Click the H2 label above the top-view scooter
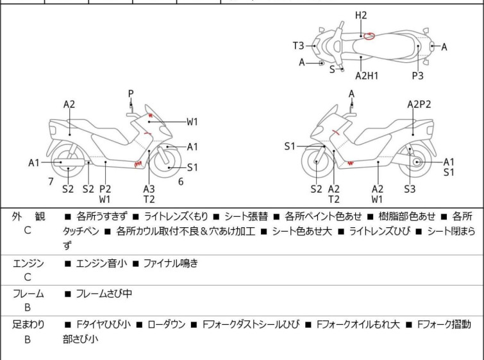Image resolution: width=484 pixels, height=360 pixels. pos(361,15)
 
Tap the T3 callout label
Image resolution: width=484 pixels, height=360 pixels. pos(299,46)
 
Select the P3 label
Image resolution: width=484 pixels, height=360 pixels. pos(417,75)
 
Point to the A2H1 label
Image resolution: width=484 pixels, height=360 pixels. pos(367,75)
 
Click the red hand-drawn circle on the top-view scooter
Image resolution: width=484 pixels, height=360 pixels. pos(369,36)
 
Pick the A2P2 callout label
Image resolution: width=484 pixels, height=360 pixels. pos(419,104)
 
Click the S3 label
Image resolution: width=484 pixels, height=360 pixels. pos(410,189)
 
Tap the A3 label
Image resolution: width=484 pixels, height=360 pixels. pos(149,189)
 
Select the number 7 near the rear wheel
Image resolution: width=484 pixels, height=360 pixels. pos(51,182)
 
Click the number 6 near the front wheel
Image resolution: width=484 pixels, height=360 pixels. pos(181,182)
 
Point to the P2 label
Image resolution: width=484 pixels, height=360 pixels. pos(105,189)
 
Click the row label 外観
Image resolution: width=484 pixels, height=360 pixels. pos(28,216)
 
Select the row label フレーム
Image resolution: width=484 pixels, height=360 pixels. pos(28,293)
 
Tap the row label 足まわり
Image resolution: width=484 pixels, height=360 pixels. pos(28,325)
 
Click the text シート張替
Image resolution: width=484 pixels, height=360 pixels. pos(246,216)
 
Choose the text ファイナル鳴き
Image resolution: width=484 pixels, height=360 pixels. pos(171,263)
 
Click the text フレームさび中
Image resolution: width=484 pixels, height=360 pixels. pos(104,293)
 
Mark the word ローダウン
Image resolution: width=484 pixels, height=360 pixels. pos(167,325)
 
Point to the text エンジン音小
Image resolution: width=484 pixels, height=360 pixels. pos(101,263)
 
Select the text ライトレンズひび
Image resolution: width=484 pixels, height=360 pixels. pos(380,231)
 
